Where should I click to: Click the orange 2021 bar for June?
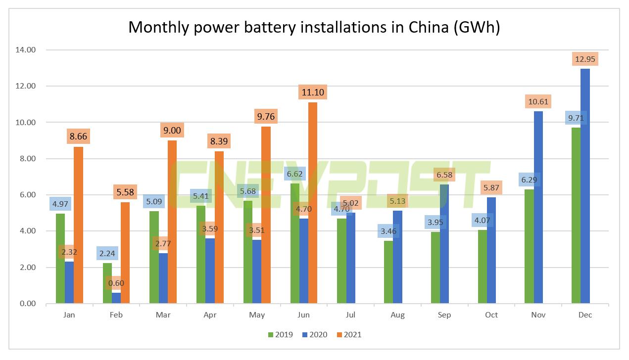click(313, 203)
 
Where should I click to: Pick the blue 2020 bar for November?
click(538, 207)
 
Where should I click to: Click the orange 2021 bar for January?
click(78, 225)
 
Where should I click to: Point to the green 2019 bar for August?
click(388, 272)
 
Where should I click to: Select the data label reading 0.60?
click(116, 283)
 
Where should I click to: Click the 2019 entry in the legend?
click(280, 334)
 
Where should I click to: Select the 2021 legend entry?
click(348, 334)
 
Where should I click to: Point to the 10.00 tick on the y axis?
click(26, 122)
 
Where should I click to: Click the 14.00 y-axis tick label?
click(26, 50)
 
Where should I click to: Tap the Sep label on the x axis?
click(444, 315)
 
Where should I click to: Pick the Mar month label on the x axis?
click(163, 315)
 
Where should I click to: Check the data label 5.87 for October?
click(492, 188)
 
